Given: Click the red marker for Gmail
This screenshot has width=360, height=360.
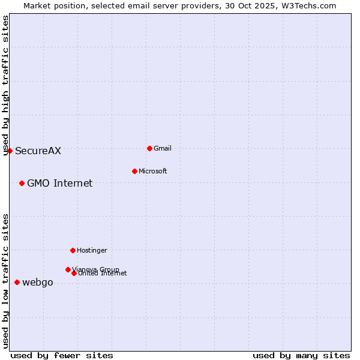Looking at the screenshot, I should point(149,148).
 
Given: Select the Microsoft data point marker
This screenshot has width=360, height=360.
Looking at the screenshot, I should point(134,171).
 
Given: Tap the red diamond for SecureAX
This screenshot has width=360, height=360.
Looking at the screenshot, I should point(10,151).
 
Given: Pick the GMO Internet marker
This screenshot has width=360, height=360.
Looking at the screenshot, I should point(22,183).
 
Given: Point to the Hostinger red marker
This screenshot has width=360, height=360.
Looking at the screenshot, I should point(73,250).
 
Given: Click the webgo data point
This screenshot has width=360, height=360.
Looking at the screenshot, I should point(17,282).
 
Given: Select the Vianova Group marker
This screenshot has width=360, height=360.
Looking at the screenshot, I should point(68,269).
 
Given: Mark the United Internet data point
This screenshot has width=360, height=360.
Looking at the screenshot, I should point(74,273).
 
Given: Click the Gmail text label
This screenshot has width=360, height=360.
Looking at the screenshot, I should point(163,148).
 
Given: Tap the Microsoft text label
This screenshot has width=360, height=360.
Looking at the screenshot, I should point(153,171).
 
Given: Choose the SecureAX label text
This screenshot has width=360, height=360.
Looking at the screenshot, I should point(38,151).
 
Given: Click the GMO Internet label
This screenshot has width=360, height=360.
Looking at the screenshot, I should point(60,184).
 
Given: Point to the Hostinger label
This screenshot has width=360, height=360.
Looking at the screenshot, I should point(92,250).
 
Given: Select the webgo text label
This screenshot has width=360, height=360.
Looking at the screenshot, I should point(38,283).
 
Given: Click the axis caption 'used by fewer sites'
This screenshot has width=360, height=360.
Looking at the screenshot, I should point(62,355).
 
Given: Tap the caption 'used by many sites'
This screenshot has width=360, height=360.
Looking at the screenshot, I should point(301,355).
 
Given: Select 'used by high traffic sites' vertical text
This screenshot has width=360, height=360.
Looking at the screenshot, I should point(5,85).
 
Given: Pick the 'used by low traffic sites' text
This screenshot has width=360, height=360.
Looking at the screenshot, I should point(5,281).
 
